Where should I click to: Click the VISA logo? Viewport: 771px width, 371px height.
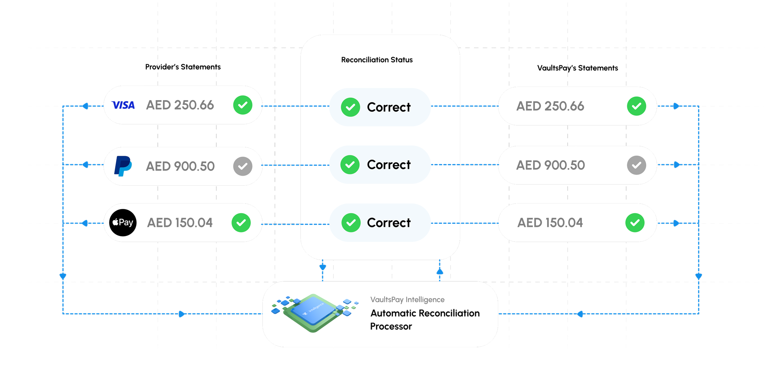[x=123, y=105]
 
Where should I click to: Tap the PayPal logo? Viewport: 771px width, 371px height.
[x=123, y=166]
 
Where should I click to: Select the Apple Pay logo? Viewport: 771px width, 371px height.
[x=123, y=223]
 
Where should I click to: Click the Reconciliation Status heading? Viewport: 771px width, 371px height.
[x=377, y=60]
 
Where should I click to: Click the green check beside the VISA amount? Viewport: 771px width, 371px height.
[x=243, y=105]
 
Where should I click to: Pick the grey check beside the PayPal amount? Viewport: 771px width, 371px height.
[x=243, y=166]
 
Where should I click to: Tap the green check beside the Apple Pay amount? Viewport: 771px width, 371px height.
[x=241, y=223]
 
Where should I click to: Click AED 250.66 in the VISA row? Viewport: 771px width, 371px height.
[x=180, y=105]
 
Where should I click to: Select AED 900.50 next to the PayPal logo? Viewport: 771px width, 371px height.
[x=180, y=166]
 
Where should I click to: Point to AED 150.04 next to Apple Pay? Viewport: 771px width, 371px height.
[x=180, y=223]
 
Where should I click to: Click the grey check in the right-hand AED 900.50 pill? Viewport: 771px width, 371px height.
[x=636, y=165]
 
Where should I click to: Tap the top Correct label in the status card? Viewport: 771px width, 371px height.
[x=389, y=107]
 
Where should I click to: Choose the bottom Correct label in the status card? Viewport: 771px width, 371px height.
[x=389, y=223]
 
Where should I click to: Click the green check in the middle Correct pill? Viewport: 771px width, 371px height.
[x=350, y=165]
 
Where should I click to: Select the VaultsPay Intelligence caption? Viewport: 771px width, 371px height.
[x=407, y=299]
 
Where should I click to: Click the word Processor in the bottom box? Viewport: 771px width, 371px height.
[x=391, y=326]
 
